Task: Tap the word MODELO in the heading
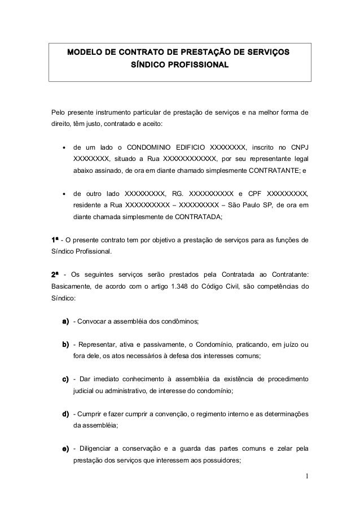[86, 53]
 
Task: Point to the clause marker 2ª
[56, 274]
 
